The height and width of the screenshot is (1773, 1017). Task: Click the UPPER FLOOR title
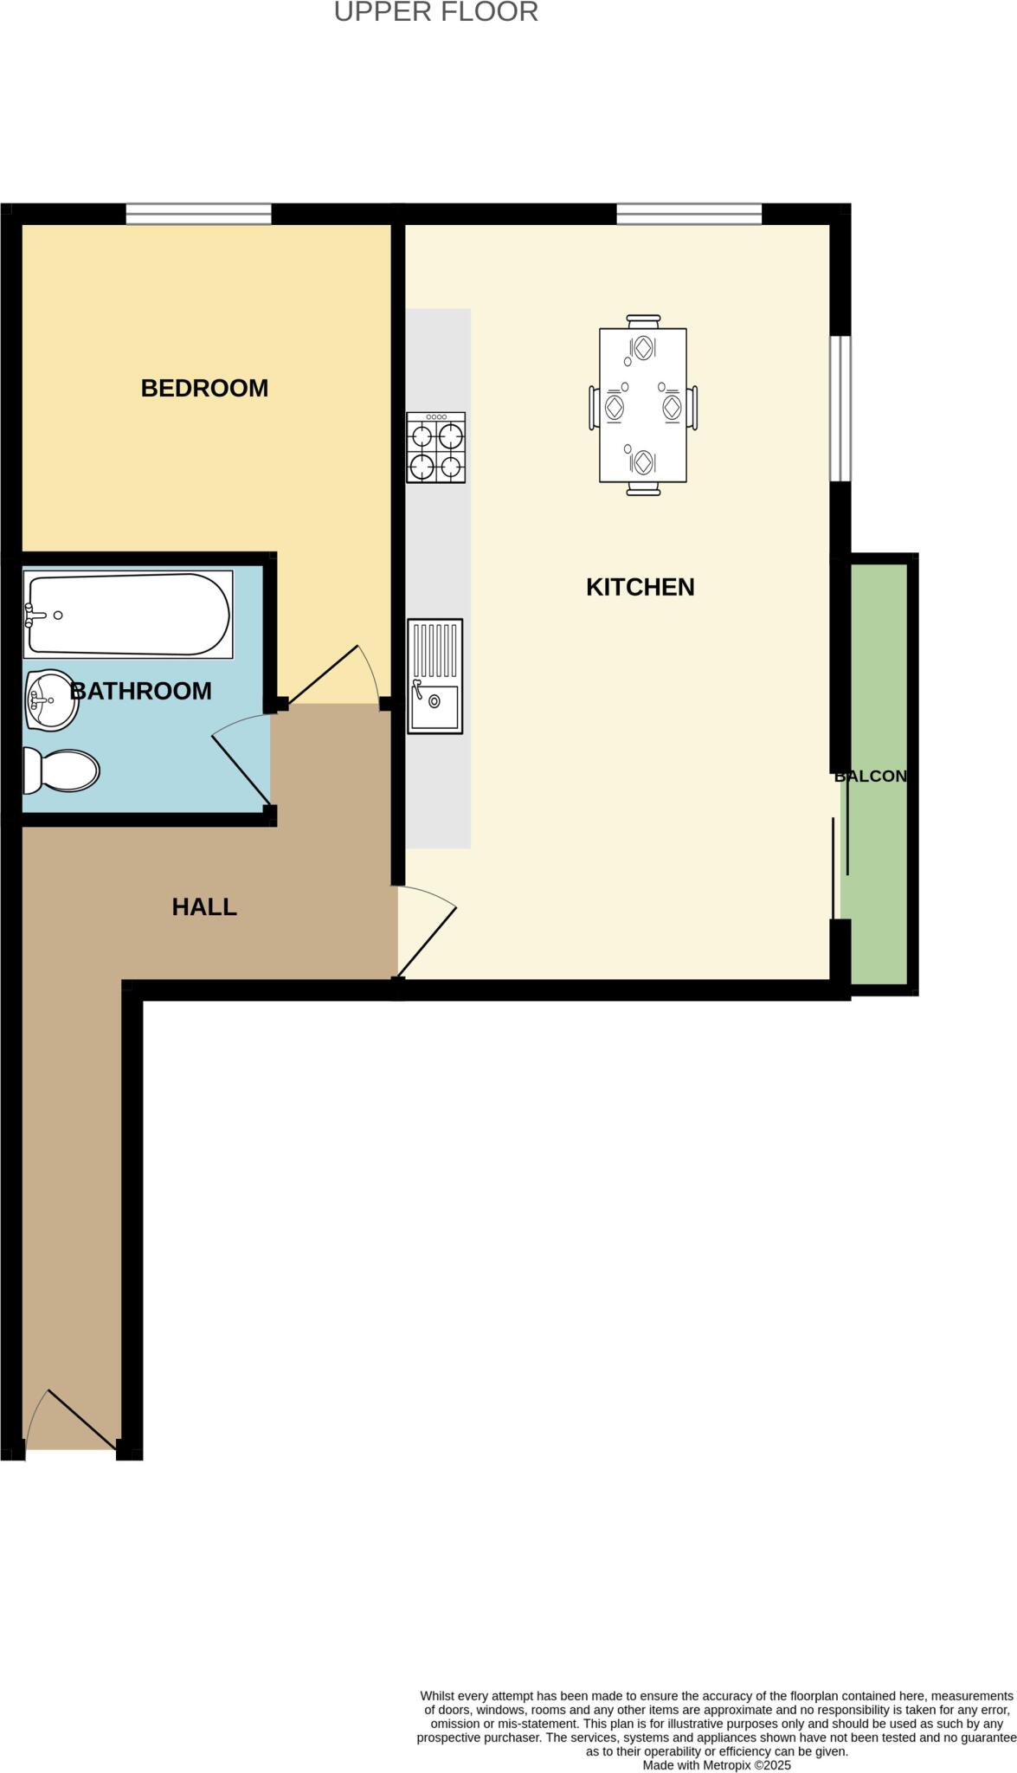point(435,12)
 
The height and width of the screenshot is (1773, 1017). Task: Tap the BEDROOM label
point(204,388)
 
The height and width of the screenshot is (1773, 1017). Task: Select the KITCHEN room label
point(640,587)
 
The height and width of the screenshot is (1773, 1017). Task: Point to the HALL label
point(204,906)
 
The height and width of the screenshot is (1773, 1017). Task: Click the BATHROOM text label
point(141,691)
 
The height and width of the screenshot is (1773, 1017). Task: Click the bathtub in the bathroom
point(128,614)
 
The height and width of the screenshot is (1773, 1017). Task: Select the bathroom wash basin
point(51,700)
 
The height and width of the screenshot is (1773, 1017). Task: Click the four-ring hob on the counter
point(435,448)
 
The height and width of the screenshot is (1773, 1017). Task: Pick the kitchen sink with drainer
point(434,676)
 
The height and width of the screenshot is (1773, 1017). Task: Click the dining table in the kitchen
point(643,405)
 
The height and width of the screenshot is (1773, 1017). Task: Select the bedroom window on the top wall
point(198,214)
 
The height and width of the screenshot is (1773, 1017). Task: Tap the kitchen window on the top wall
point(689,214)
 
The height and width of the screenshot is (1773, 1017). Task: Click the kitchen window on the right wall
point(840,408)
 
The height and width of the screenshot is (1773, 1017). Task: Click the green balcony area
point(879,866)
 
